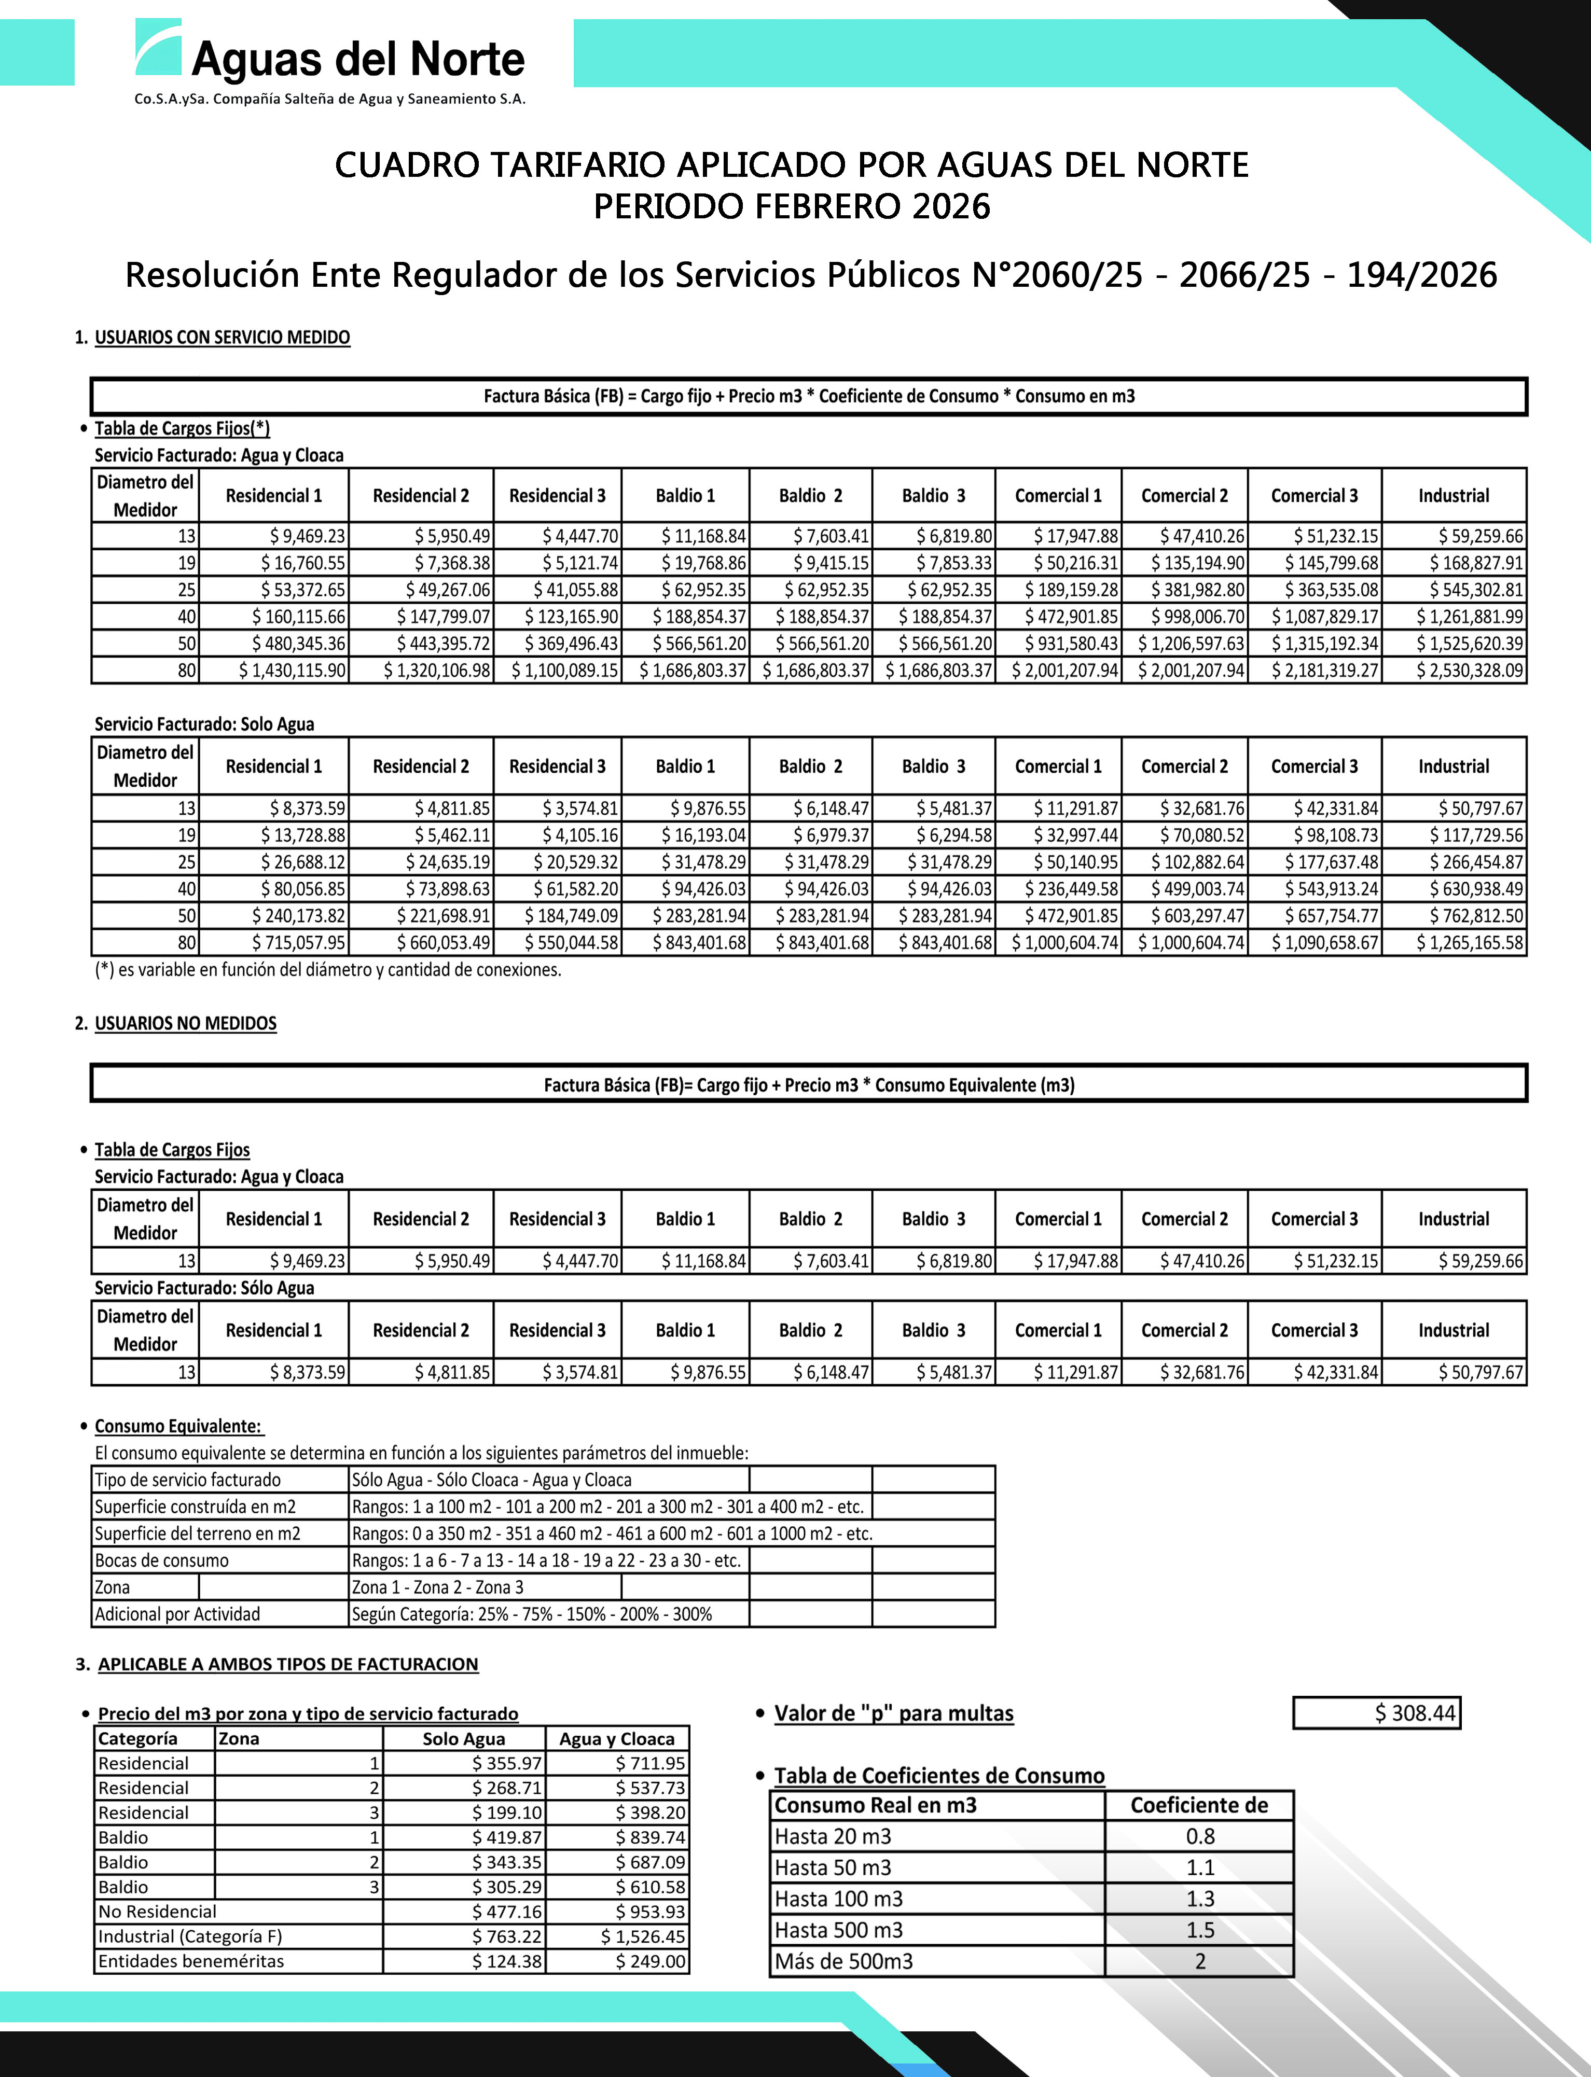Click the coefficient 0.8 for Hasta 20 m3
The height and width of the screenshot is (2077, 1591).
coord(1200,1836)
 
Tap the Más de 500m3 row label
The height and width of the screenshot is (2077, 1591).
coord(844,1960)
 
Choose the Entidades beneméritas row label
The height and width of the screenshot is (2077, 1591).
coord(191,1960)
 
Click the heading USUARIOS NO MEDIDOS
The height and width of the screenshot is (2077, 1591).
coord(186,1023)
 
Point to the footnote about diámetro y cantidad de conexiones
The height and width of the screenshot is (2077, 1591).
coord(328,969)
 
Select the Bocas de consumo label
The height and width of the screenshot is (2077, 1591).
coord(162,1560)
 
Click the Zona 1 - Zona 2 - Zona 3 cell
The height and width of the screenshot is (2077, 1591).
coord(437,1586)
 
